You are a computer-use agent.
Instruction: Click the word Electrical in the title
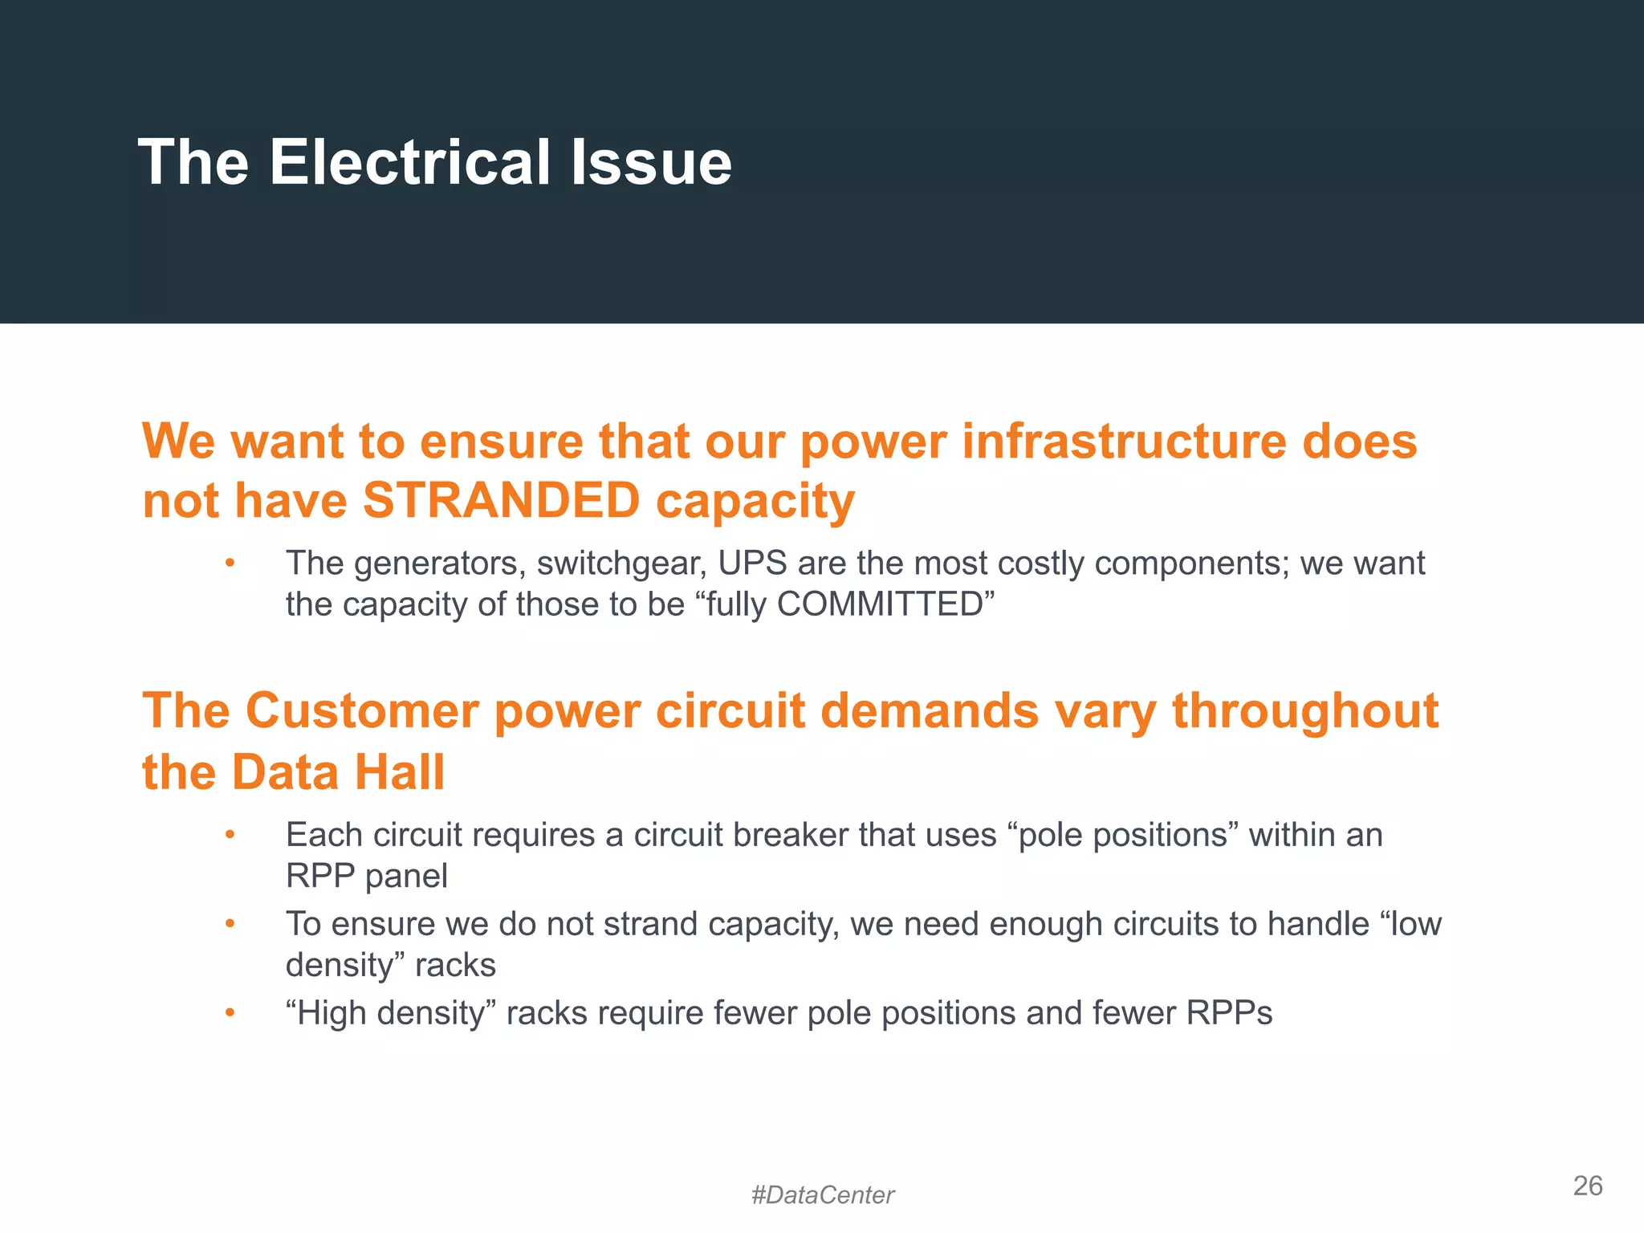pyautogui.click(x=410, y=163)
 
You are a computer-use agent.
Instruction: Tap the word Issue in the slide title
pyautogui.click(x=651, y=163)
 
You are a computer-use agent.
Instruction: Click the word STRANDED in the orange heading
pyautogui.click(x=501, y=501)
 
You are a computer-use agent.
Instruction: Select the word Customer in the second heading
pyautogui.click(x=362, y=711)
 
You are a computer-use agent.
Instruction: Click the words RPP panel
pyautogui.click(x=366, y=876)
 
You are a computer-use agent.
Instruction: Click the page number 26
pyautogui.click(x=1587, y=1186)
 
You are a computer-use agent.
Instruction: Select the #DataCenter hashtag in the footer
pyautogui.click(x=822, y=1195)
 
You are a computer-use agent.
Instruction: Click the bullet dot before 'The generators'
pyautogui.click(x=230, y=564)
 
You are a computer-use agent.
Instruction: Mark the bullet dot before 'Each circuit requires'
pyautogui.click(x=230, y=836)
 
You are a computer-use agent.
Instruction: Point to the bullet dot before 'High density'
pyautogui.click(x=230, y=1013)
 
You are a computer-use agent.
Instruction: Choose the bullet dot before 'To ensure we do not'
pyautogui.click(x=230, y=924)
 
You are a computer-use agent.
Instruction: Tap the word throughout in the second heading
pyautogui.click(x=1305, y=711)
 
